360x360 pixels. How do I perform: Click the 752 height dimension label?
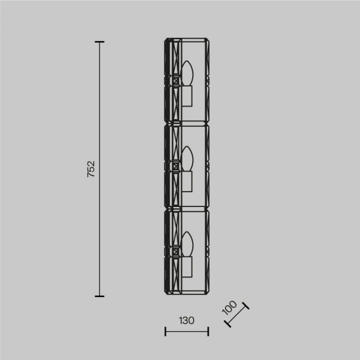pos(91,169)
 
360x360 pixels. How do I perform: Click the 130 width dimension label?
pos(186,321)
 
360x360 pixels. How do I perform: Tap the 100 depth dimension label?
pos(230,307)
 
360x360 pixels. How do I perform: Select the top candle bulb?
pos(187,73)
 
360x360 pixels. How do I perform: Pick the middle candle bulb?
pos(187,159)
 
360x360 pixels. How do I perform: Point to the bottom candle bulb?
pos(187,244)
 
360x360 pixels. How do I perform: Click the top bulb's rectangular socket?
pos(187,96)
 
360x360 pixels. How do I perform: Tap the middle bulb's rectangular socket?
pos(187,181)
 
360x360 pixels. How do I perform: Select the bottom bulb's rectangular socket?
pos(187,267)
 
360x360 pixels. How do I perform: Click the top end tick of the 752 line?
pos(100,42)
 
